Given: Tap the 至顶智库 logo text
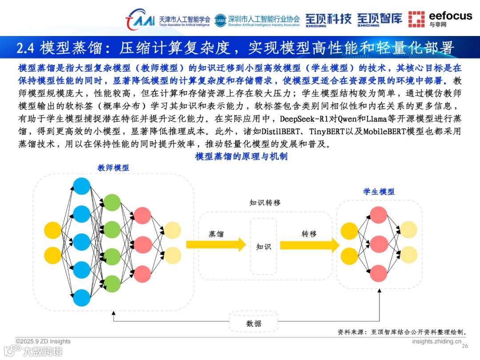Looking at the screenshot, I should (379, 19).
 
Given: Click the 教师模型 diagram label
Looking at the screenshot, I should (113, 168).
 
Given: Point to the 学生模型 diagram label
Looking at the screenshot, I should (379, 192).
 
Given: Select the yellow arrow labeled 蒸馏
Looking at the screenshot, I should (216, 244).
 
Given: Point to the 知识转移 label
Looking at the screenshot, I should (265, 203).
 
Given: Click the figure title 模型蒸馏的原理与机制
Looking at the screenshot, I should (241, 156).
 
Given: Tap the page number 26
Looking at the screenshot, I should (465, 346).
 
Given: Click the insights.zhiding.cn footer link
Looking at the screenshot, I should (436, 341).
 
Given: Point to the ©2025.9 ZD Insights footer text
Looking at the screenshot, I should (43, 341).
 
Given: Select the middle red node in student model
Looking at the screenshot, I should (379, 244).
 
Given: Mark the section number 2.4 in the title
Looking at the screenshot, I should (26, 48).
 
